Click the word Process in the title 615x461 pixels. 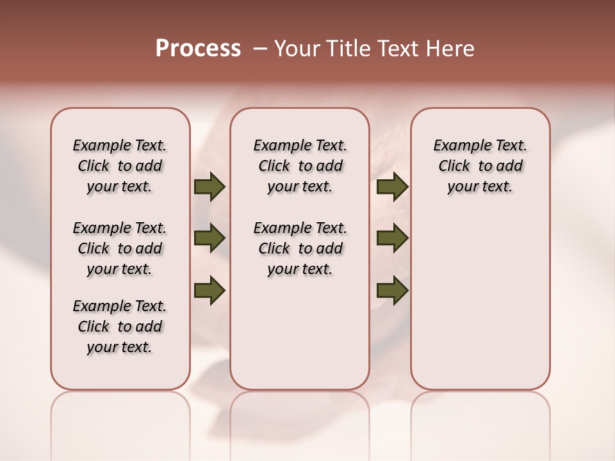[198, 49]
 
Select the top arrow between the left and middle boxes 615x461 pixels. [209, 187]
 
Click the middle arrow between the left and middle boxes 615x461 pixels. [209, 239]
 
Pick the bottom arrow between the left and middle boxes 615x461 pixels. [209, 290]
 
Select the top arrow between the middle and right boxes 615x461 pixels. [392, 187]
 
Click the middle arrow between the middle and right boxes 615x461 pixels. [392, 239]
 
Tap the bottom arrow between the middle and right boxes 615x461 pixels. [392, 290]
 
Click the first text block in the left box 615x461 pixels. [120, 166]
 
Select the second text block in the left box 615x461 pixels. [120, 248]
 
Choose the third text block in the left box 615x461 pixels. [120, 327]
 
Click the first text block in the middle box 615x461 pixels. [300, 166]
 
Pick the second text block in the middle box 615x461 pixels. [300, 248]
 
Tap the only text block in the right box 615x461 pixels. [480, 166]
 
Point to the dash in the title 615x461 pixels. [260, 49]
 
